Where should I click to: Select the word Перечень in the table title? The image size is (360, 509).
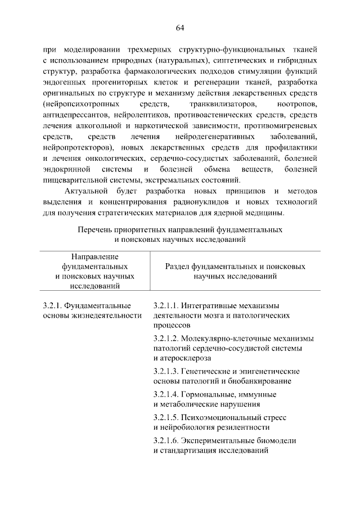tap(93, 230)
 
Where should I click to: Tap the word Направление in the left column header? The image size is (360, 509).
tap(94, 256)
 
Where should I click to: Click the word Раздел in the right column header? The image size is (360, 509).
tap(177, 266)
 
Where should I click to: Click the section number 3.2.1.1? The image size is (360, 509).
tap(165, 305)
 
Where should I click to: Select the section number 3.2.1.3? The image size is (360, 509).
tap(166, 371)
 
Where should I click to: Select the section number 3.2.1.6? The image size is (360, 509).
tap(166, 441)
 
